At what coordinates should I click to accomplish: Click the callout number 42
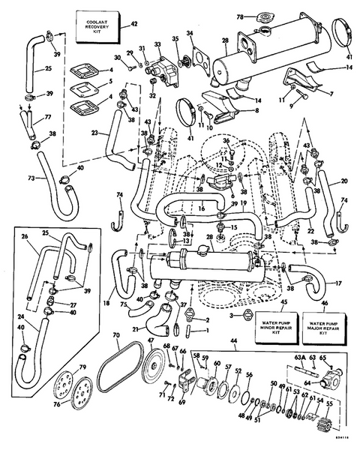coord(134,24)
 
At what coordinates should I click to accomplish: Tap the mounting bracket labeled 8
coord(221,112)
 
